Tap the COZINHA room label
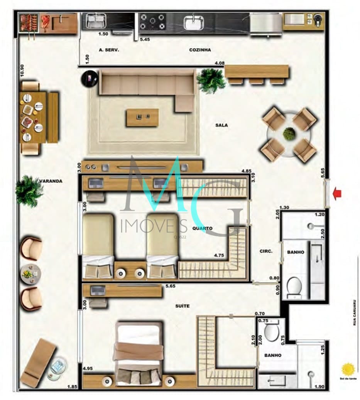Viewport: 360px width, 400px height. [200, 50]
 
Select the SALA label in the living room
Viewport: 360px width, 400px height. [221, 125]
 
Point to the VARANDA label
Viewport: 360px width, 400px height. [51, 181]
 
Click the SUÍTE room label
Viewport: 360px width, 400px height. [183, 306]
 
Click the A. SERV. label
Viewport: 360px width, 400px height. [109, 50]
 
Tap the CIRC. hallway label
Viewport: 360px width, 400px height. [266, 251]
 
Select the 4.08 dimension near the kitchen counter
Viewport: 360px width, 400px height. [219, 63]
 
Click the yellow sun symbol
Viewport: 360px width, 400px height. [348, 369]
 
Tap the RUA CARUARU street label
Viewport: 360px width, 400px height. [354, 313]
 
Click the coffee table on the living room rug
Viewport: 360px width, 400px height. [142, 117]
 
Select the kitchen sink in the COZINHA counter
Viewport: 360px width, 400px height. [193, 22]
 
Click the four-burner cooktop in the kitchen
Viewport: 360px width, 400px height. [153, 22]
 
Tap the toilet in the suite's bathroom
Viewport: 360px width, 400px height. [271, 331]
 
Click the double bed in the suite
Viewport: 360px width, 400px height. [138, 353]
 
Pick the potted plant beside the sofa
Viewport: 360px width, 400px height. [211, 81]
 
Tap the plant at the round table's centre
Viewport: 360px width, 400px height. [289, 134]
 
